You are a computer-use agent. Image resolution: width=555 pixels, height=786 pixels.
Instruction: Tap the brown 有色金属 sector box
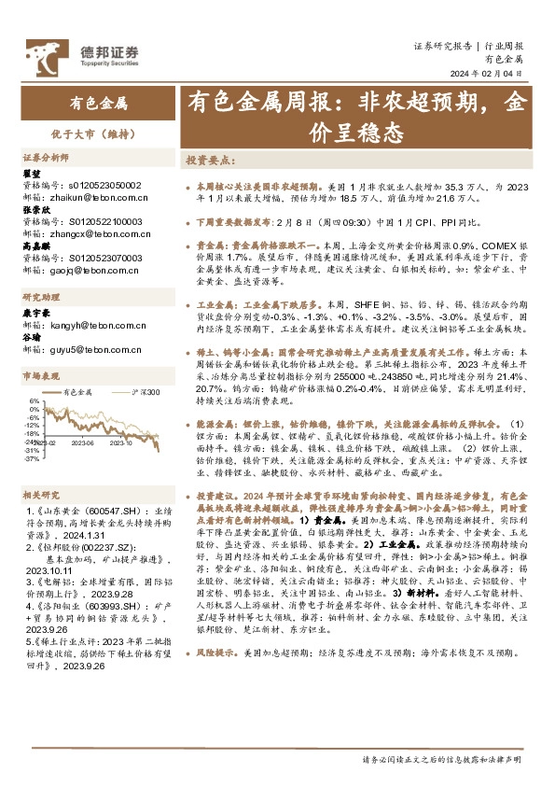pos(99,102)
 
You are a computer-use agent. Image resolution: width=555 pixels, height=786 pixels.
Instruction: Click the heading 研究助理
pos(39,297)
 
